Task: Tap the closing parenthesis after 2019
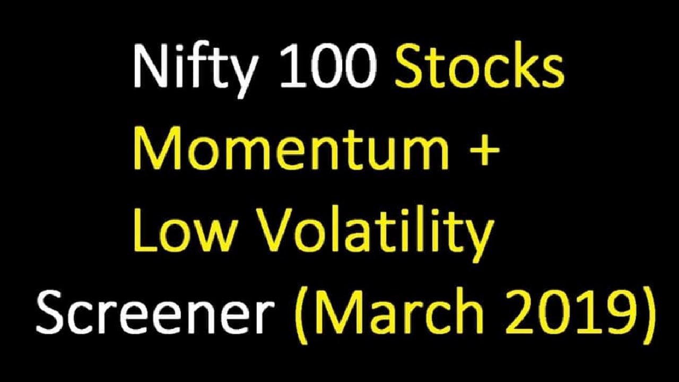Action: (648, 313)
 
